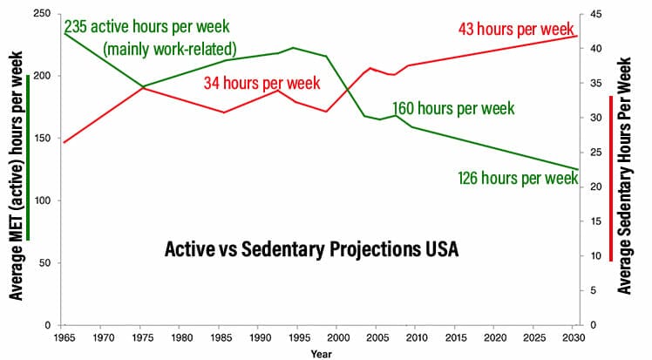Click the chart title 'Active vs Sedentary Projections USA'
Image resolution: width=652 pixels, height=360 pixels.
(x=311, y=249)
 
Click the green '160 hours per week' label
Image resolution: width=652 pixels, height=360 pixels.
(x=453, y=109)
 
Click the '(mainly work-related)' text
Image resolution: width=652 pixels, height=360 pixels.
(x=171, y=49)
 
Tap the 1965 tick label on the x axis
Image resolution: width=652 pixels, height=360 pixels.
(x=65, y=336)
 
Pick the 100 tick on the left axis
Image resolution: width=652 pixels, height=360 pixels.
(x=43, y=200)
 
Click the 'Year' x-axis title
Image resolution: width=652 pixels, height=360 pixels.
(x=319, y=353)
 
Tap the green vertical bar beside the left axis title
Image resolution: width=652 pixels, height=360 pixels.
(x=29, y=157)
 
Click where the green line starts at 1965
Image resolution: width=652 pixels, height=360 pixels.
(x=65, y=33)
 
